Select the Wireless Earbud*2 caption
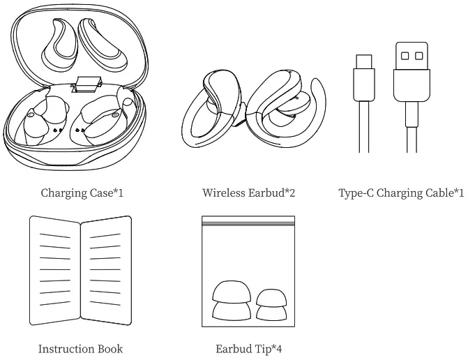pyautogui.click(x=248, y=192)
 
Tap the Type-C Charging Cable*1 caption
pyautogui.click(x=401, y=192)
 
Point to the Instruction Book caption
pyautogui.click(x=80, y=348)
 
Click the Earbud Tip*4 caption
pyautogui.click(x=248, y=348)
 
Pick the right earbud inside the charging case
pyautogui.click(x=105, y=120)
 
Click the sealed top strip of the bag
pyautogui.click(x=248, y=220)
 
